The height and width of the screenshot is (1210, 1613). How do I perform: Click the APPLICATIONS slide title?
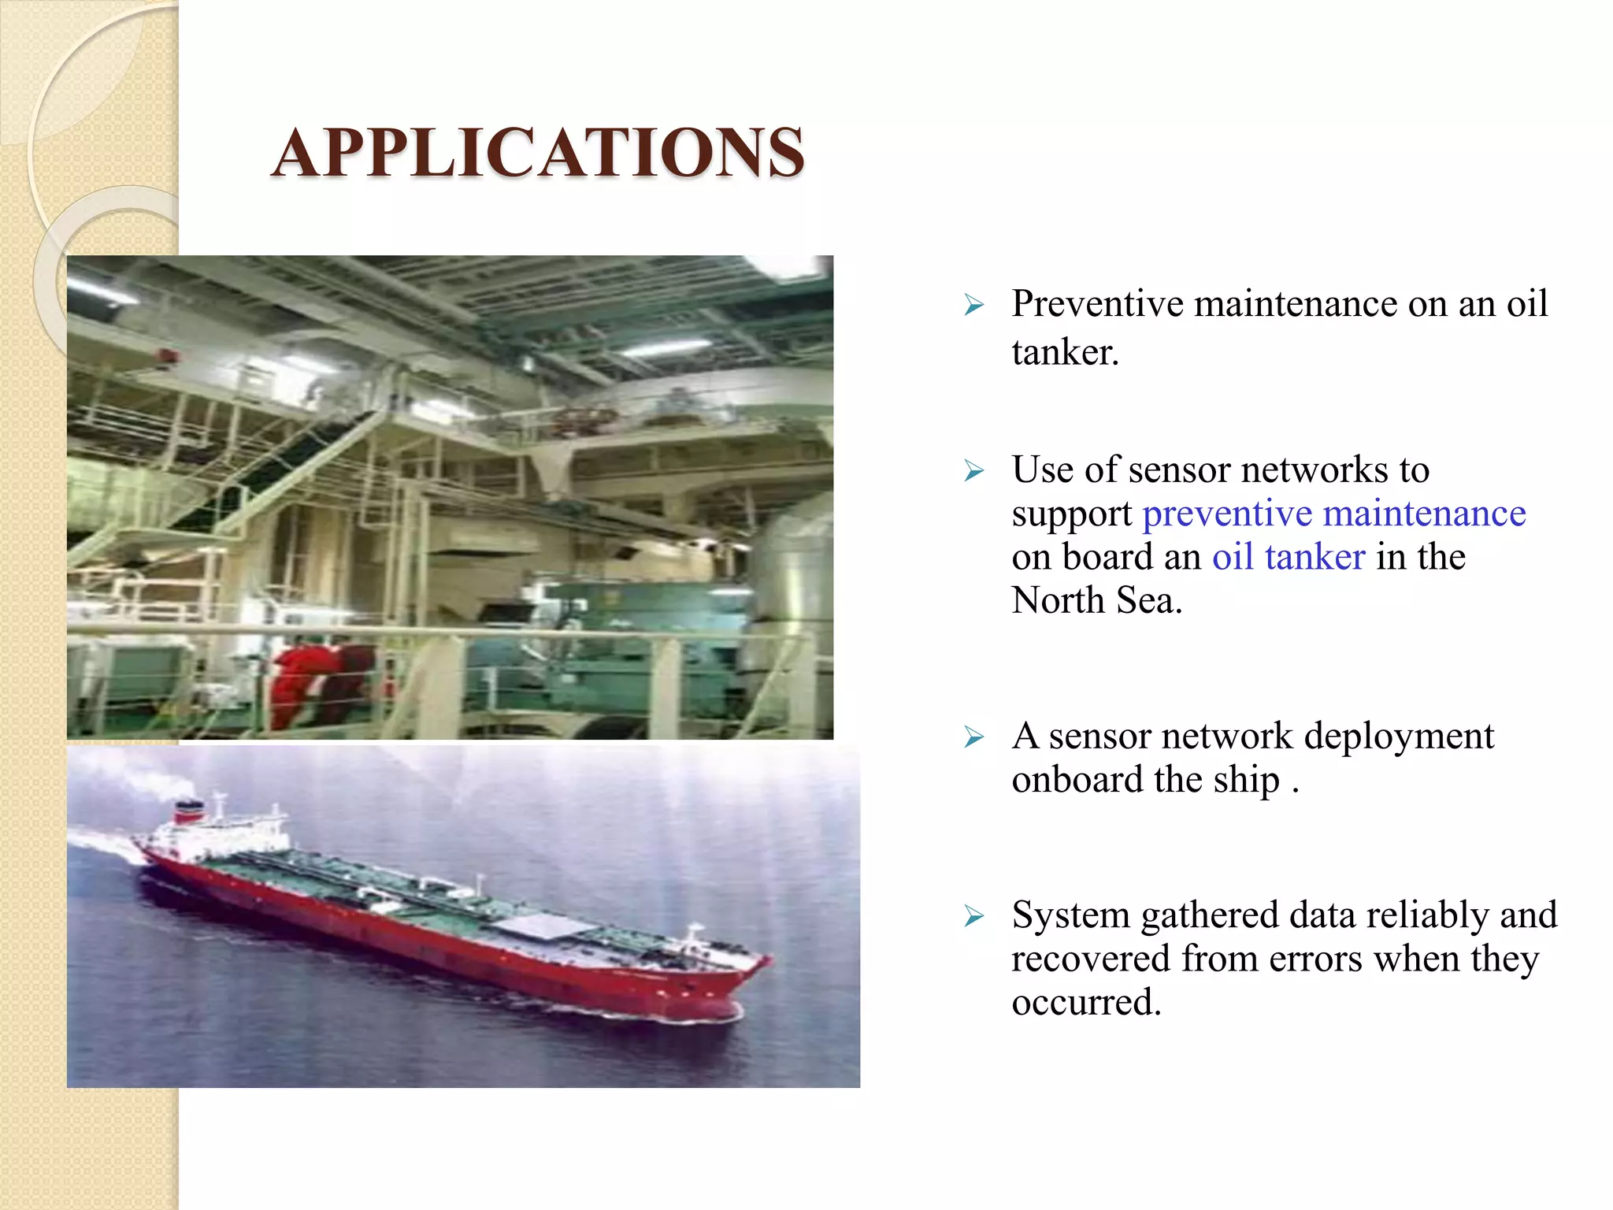pos(538,152)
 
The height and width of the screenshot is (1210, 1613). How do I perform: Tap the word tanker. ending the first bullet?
pos(1065,352)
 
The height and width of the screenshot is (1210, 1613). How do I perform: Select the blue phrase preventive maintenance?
pos(1333,514)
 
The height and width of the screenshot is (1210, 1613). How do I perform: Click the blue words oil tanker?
pos(1288,557)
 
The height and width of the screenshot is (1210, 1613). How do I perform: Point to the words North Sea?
pos(1096,601)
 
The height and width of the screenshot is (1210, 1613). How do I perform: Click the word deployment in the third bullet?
pos(1398,736)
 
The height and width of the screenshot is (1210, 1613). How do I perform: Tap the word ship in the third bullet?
pos(1246,780)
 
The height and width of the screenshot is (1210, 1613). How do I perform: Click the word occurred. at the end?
pos(1086,1003)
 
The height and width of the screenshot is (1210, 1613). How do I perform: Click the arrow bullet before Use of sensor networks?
pos(974,471)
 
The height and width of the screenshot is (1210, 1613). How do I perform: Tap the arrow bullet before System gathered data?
pos(974,916)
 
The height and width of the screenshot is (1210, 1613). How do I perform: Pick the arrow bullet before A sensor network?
pos(974,737)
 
